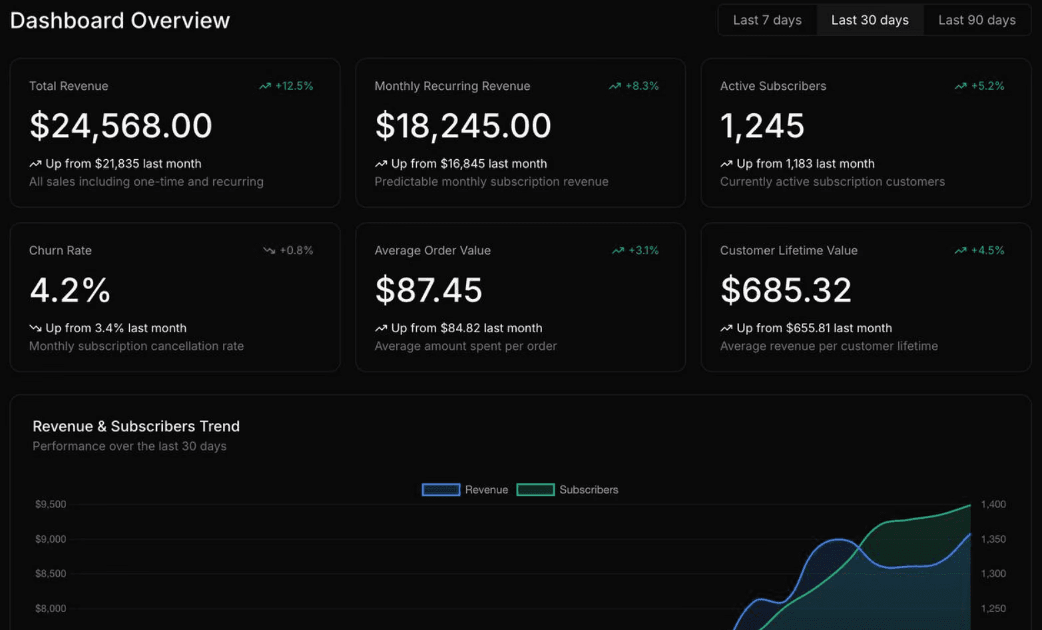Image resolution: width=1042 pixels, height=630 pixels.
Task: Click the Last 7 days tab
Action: coord(767,20)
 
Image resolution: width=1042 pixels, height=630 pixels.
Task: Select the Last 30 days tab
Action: coord(870,20)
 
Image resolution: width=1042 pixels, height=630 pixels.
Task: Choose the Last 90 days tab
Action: coord(977,20)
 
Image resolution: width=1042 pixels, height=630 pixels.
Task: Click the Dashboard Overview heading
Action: coord(120,21)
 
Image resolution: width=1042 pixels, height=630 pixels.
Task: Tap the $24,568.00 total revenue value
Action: coord(121,126)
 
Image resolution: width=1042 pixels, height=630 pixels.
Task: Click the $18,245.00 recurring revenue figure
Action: coord(463,126)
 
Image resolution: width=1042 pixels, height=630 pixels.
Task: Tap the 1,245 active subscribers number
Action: coord(762,126)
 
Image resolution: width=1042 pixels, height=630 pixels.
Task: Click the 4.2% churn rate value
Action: coord(70,290)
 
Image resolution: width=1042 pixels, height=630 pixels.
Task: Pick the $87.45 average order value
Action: coord(429,290)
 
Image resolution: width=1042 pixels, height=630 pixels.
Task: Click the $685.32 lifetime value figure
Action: coord(786,290)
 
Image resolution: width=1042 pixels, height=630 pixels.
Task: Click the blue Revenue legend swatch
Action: coord(441,489)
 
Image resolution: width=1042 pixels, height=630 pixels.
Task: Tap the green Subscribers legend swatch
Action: coord(535,489)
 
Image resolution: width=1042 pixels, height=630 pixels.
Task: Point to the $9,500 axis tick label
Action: coord(51,504)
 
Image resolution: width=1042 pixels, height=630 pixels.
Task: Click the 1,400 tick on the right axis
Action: coord(993,504)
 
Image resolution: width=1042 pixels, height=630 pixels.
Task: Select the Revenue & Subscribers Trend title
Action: coord(136,426)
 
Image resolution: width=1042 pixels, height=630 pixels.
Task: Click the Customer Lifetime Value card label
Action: coord(789,250)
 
